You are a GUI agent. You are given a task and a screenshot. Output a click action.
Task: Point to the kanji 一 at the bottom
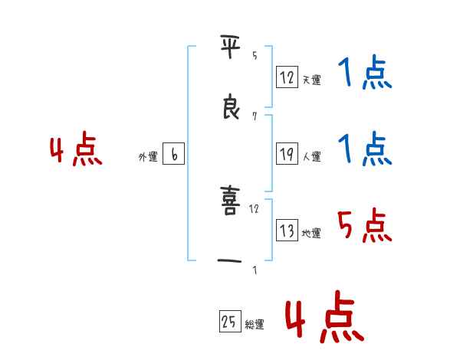pos(231,261)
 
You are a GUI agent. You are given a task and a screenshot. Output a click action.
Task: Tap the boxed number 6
pos(173,155)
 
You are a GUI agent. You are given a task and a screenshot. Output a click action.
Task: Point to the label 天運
pos(311,80)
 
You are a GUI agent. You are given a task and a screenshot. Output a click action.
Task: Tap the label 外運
pos(148,157)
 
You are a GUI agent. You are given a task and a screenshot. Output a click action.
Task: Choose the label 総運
pos(254,325)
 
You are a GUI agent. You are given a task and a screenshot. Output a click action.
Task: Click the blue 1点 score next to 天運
pos(364,75)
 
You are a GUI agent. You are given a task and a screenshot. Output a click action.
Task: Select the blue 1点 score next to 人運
pos(364,149)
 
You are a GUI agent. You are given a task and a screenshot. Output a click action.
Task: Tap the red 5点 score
pos(364,226)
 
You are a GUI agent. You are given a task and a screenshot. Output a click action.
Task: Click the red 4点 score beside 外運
pos(76,151)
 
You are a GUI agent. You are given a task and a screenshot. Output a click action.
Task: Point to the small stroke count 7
pos(255,116)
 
